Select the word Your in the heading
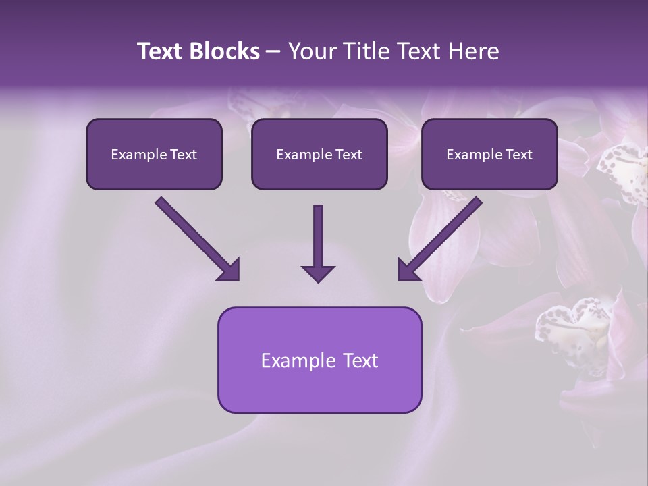pos(310,51)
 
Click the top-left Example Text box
pos(154,154)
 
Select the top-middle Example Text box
pos(319,154)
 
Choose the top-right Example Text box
pos(489,154)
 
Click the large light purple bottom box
pos(319,360)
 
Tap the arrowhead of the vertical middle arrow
pos(318,273)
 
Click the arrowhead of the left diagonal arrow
pos(230,270)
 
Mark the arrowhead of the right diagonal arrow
pos(408,270)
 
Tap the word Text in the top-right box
pos(518,155)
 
